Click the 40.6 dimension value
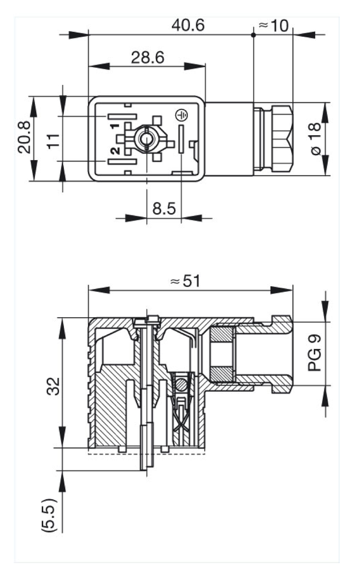[x=189, y=25]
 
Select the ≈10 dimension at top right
[x=273, y=25]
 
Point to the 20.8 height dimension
[x=24, y=137]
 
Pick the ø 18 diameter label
[x=314, y=138]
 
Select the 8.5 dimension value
[x=164, y=209]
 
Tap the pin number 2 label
[x=114, y=151]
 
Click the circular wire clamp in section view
[x=180, y=385]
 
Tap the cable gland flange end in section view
[x=283, y=353]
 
